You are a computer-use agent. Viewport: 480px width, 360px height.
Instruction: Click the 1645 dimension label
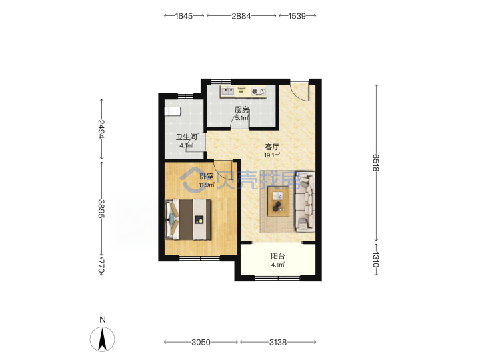tap(184, 16)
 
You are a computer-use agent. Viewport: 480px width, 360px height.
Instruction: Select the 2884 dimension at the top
tap(241, 16)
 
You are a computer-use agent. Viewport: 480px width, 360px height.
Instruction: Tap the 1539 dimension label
tap(297, 16)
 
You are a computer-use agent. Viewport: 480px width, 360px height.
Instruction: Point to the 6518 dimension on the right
tap(376, 163)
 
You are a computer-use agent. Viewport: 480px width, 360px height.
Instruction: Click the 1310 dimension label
tap(376, 259)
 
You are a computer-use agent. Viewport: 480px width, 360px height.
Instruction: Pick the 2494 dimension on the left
tap(101, 129)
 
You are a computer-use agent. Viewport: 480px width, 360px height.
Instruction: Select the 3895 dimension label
tap(101, 209)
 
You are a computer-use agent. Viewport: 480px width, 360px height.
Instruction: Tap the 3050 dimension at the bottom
tap(201, 342)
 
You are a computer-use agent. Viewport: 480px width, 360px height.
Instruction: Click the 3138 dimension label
tap(278, 342)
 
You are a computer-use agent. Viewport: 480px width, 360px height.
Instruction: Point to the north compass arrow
tap(102, 339)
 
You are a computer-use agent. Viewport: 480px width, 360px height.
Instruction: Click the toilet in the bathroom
tap(173, 111)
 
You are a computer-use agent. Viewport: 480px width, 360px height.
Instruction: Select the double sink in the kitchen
tap(228, 91)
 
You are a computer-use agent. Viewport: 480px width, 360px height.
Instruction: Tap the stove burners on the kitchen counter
tap(259, 91)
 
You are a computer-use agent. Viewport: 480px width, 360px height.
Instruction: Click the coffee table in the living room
tap(278, 201)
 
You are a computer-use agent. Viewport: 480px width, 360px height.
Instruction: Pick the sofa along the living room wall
tap(305, 201)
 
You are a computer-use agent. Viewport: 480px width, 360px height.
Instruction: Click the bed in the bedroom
tap(188, 219)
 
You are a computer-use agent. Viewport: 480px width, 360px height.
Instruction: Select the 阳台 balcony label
tap(277, 256)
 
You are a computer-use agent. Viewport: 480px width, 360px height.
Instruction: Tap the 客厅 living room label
tap(272, 147)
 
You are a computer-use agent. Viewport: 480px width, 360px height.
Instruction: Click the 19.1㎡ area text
tap(272, 155)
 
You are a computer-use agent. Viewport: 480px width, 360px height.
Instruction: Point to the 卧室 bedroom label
tap(207, 176)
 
